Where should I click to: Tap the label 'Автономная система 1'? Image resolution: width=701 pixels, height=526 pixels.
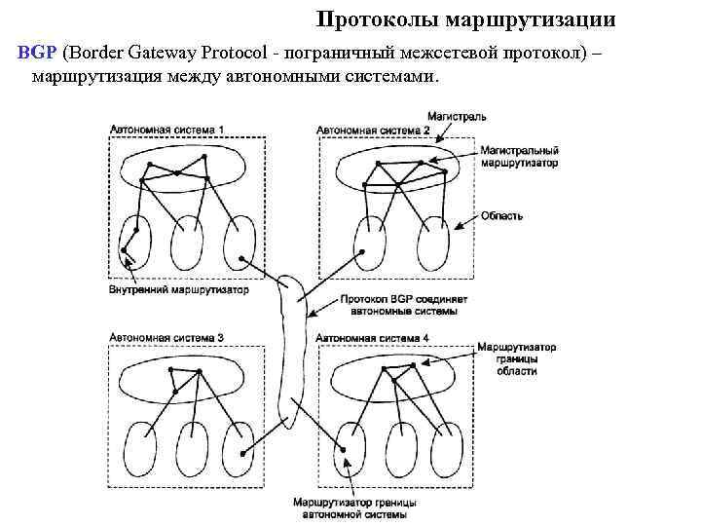tap(166, 130)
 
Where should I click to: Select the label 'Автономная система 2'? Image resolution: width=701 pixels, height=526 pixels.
tap(373, 130)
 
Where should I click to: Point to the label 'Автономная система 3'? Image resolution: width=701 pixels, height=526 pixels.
tap(166, 337)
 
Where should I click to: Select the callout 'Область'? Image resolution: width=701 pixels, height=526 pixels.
tap(502, 215)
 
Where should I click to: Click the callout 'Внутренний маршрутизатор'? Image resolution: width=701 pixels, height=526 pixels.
tap(179, 289)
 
